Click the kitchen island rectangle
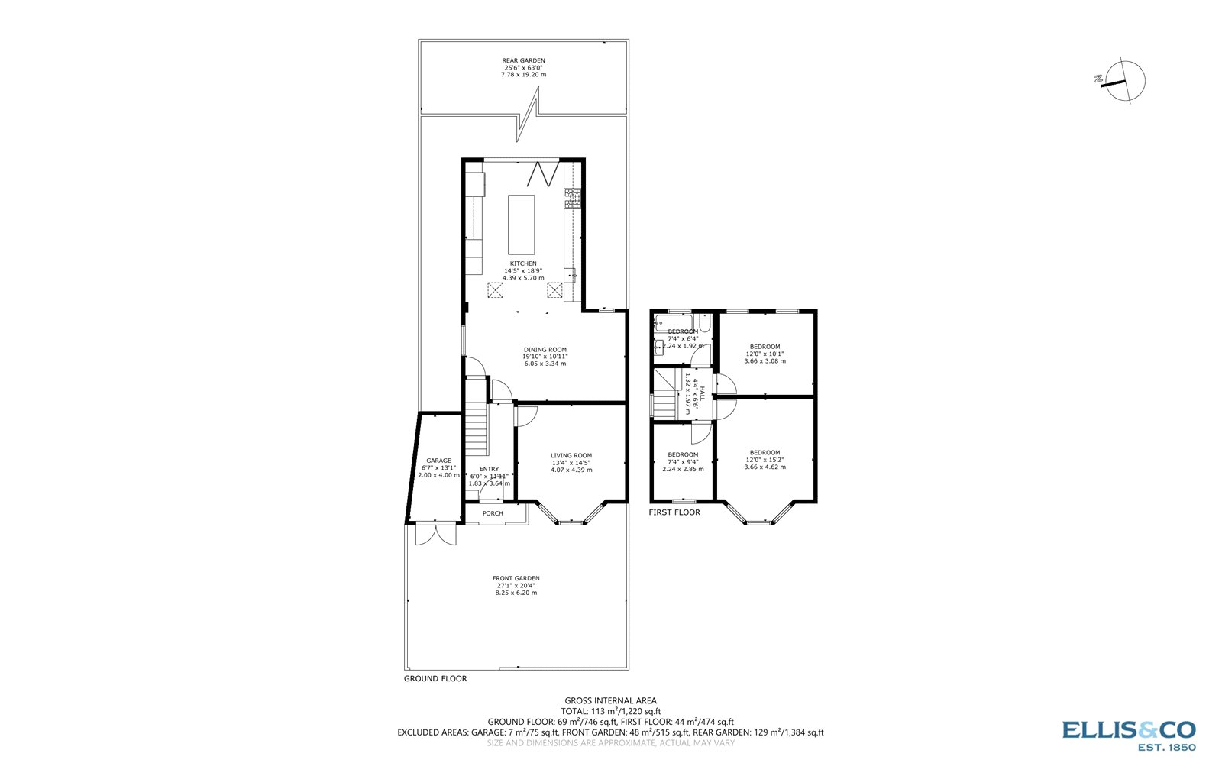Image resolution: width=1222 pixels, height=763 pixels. (522, 224)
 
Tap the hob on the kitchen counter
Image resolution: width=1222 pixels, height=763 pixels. (572, 199)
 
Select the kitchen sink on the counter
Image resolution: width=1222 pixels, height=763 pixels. (571, 275)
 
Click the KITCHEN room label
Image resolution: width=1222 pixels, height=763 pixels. (523, 263)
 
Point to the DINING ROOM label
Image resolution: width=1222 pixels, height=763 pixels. (545, 350)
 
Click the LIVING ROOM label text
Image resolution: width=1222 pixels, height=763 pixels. (571, 455)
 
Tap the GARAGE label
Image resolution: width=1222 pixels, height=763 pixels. (438, 461)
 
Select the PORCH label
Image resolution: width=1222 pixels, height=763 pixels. (493, 513)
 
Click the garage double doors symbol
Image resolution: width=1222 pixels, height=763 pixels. (435, 533)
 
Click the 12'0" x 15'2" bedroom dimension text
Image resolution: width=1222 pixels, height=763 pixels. (765, 460)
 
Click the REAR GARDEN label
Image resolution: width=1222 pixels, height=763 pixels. (523, 60)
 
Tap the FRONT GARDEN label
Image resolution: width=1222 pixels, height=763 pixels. (516, 578)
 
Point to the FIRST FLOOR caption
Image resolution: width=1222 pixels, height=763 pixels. (674, 512)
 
